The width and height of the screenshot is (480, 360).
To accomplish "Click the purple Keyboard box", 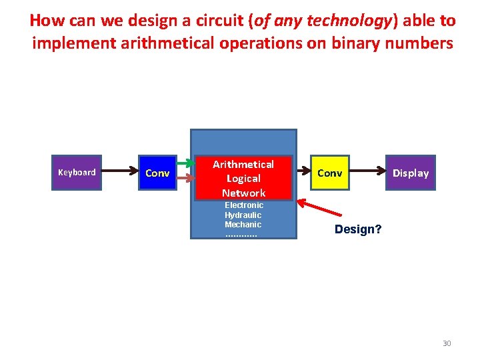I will (77, 173).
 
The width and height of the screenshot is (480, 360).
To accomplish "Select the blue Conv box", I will (157, 173).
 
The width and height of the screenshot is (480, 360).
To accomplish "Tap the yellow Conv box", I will (330, 173).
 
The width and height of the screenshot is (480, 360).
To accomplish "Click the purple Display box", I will (410, 173).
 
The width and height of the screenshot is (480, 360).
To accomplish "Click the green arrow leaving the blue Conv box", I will (185, 164).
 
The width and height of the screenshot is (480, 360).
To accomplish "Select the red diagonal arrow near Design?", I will (322, 207).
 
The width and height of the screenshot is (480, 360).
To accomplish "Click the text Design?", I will (358, 229).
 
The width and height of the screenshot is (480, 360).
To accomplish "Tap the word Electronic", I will (243, 205).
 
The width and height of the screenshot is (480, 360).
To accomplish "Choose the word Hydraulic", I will (243, 215).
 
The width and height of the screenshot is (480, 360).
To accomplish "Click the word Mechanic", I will (243, 225).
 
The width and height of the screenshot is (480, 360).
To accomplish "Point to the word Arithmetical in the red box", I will (243, 164).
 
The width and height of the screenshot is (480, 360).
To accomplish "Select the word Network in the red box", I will (243, 193).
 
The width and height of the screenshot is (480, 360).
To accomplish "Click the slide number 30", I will (447, 343).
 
